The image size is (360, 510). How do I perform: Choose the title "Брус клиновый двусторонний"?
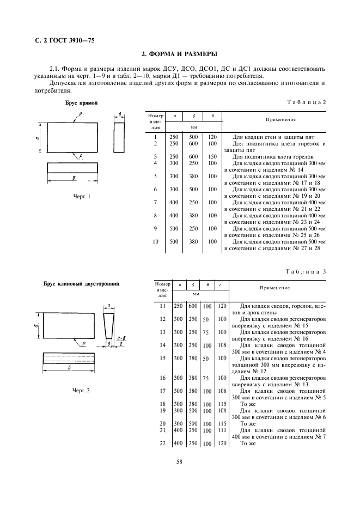[x=82, y=283]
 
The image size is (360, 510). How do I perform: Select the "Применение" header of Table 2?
[x=280, y=119]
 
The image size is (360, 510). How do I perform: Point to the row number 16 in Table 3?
[x=162, y=378]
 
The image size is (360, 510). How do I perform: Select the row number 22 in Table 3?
[x=162, y=444]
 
